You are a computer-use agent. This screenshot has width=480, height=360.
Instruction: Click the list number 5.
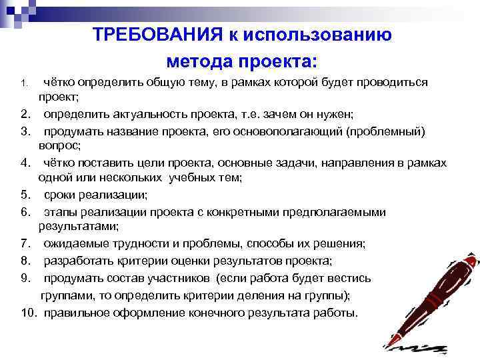click(x=25, y=195)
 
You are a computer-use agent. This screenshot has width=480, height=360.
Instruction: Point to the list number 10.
click(x=29, y=312)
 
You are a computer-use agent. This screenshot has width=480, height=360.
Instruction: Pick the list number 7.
click(x=25, y=243)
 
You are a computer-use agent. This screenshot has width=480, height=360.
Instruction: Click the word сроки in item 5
click(x=58, y=195)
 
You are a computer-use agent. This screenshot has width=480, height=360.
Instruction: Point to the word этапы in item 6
click(x=59, y=212)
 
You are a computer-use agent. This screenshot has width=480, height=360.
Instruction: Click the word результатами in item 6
click(x=71, y=227)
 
